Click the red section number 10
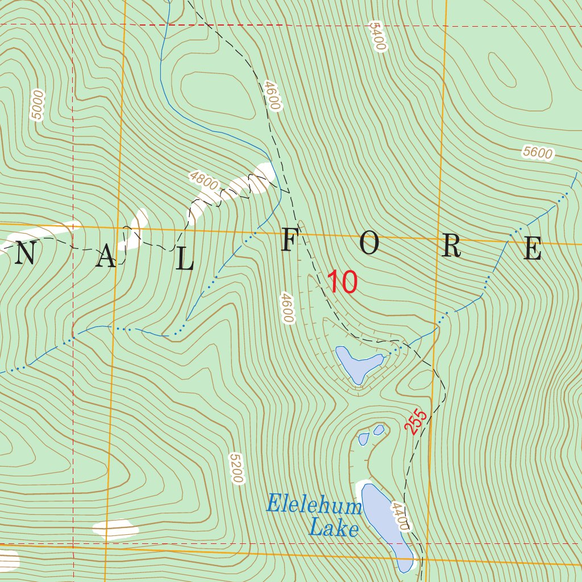pos(342,282)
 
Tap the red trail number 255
pos(416,420)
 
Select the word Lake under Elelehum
pos(334,529)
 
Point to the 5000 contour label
pos(38,105)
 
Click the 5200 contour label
pos(236,468)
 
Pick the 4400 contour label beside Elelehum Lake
pos(400,516)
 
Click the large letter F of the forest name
pos(288,243)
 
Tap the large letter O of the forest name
pos(369,245)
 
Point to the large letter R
pos(451,247)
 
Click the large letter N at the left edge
pos(26,253)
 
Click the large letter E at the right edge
pos(533,249)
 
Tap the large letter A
pos(106,259)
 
